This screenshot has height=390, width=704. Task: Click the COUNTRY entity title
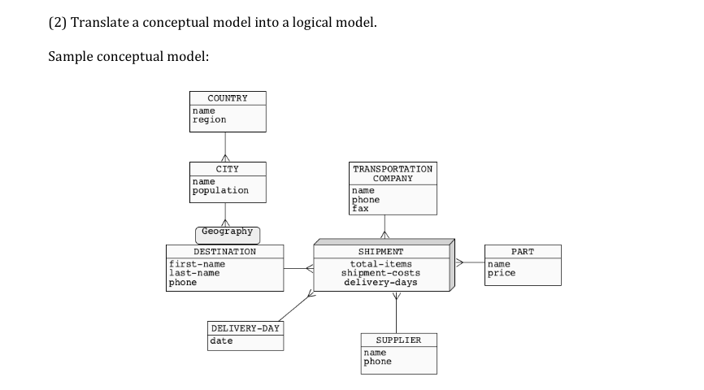click(227, 98)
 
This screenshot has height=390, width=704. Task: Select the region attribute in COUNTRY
click(209, 119)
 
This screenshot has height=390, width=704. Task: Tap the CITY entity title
click(227, 169)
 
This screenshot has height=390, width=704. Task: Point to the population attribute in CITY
click(220, 190)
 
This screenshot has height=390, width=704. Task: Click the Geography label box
click(227, 233)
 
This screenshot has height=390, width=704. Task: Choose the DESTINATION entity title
click(224, 252)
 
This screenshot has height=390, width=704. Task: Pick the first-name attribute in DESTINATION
click(197, 264)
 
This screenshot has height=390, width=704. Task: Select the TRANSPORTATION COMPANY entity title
click(393, 173)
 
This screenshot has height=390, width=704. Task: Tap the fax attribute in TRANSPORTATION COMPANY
click(359, 208)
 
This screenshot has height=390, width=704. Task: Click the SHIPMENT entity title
click(380, 252)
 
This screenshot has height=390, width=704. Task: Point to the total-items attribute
click(380, 264)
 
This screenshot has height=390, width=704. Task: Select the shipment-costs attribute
click(380, 273)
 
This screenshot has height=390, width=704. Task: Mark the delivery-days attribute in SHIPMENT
click(380, 282)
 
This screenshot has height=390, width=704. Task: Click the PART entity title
click(523, 252)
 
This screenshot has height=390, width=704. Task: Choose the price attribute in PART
click(501, 273)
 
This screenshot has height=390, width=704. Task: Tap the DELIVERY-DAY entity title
click(246, 328)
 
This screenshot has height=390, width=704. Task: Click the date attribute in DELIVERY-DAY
click(221, 341)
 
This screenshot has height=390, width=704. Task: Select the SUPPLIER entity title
click(398, 340)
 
